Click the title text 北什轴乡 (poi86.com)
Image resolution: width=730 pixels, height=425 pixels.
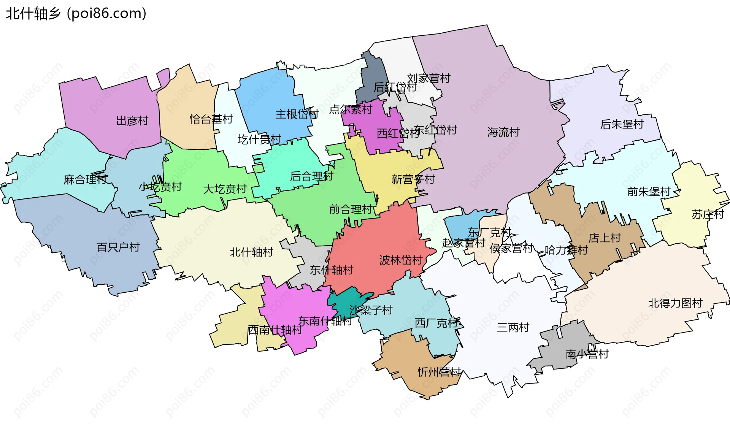point(76,13)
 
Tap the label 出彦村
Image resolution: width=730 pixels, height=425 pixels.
point(132,121)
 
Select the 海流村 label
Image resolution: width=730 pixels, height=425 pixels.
point(503,132)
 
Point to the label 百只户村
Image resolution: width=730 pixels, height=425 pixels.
point(118,247)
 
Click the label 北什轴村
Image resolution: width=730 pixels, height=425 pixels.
point(251,252)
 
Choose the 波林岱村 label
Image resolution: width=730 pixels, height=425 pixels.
point(401,260)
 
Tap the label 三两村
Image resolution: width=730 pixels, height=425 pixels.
point(513,327)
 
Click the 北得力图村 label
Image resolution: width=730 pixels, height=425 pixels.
point(675,303)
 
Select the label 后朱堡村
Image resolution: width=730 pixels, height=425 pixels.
point(622,124)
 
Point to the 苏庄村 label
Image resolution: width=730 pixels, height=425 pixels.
point(707,214)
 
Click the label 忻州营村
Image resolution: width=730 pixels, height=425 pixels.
point(439,372)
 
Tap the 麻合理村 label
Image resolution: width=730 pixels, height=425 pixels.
point(86,179)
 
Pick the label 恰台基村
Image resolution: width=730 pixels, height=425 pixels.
point(211,119)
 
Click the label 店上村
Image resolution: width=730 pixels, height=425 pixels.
point(605,238)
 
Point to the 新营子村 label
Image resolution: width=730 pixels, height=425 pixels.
point(413,179)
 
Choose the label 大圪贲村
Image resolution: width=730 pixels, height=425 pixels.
point(225,189)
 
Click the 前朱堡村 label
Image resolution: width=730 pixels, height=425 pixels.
point(649,192)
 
